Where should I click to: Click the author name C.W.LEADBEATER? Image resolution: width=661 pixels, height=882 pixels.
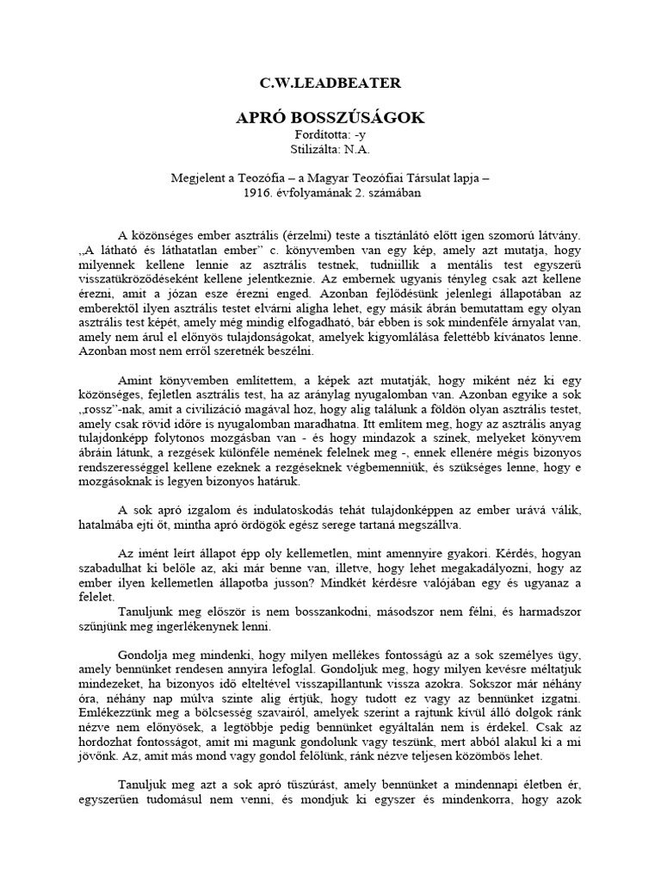(330, 83)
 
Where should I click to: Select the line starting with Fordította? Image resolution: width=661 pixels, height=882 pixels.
(330, 137)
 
